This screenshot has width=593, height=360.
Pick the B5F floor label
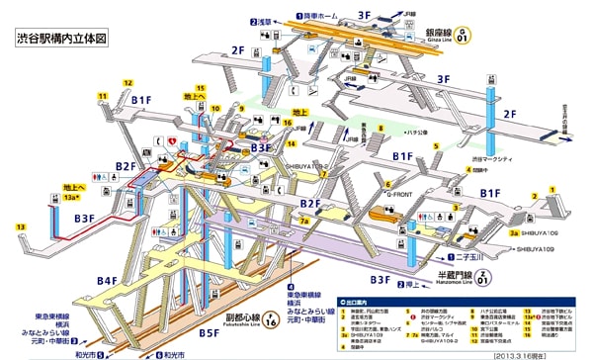click(209, 333)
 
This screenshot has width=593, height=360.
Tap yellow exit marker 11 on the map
click(101, 96)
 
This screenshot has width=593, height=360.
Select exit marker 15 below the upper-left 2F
click(201, 88)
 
